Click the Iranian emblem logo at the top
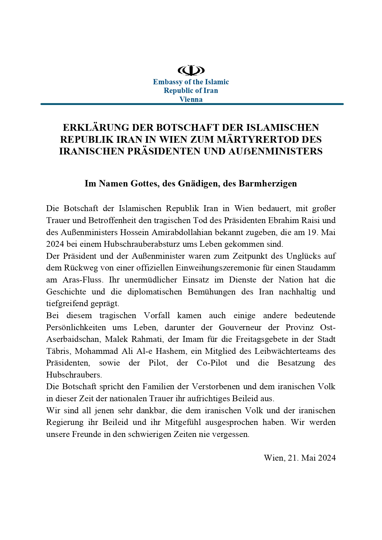click(191, 70)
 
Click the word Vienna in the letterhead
click(191, 99)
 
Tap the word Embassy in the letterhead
click(168, 82)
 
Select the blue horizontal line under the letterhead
click(192, 104)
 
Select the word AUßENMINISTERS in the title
click(275, 151)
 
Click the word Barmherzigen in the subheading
click(268, 183)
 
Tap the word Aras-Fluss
click(83, 280)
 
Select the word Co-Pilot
click(212, 363)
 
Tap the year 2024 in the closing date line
click(327, 458)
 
